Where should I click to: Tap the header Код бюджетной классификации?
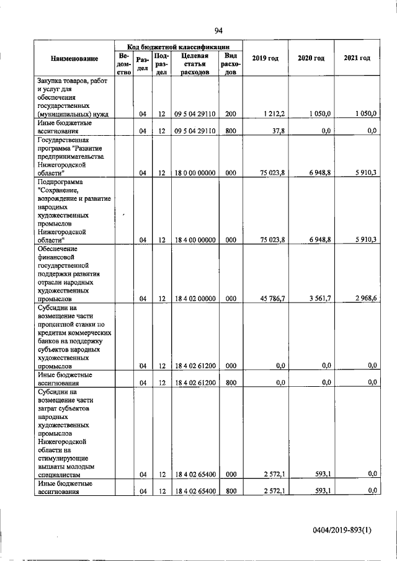pyautogui.click(x=179, y=46)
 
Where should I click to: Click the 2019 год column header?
pyautogui.click(x=265, y=58)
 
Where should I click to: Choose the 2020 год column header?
pyautogui.click(x=311, y=58)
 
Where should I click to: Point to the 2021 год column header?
pyautogui.click(x=357, y=58)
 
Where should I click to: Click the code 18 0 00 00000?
pyautogui.click(x=194, y=174)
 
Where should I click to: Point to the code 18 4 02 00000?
pyautogui.click(x=194, y=298)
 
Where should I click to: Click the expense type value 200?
pyautogui.click(x=230, y=114)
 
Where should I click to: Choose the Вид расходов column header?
pyautogui.click(x=230, y=64)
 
